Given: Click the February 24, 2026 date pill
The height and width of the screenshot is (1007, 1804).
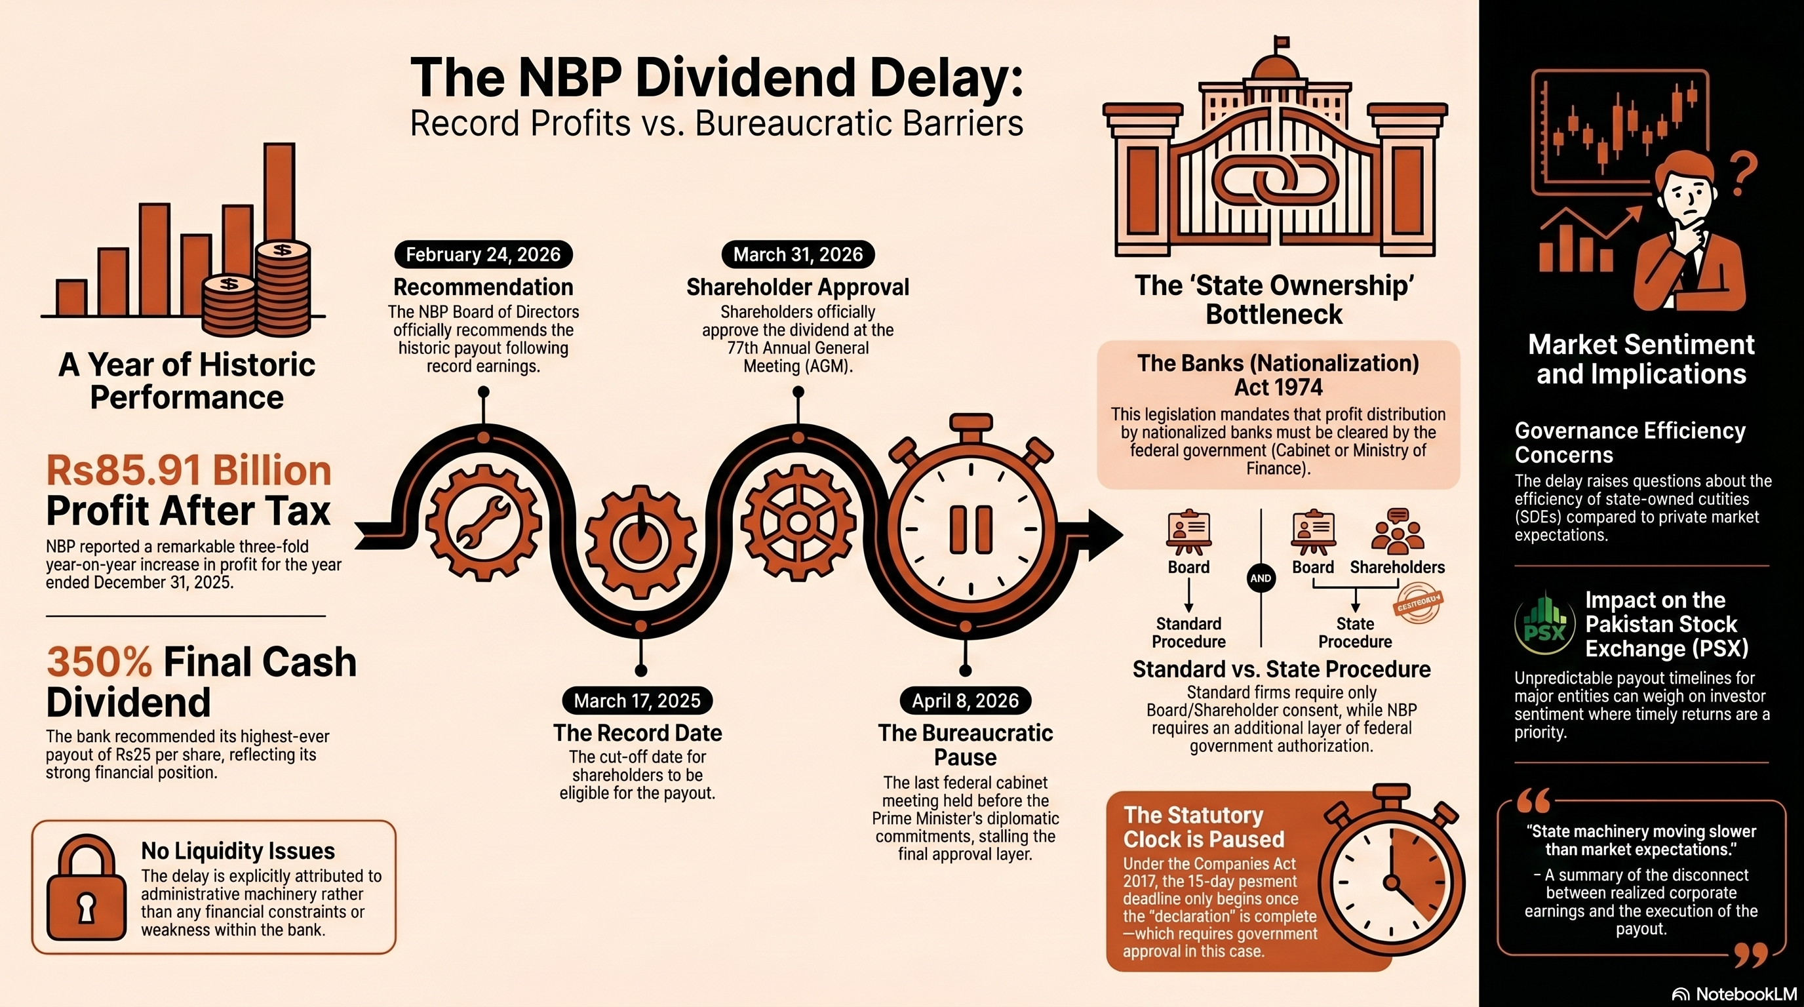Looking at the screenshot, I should pyautogui.click(x=483, y=254).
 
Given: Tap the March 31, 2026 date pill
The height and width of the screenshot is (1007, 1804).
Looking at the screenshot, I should pyautogui.click(x=798, y=254).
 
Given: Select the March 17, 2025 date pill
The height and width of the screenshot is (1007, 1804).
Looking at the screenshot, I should pyautogui.click(x=637, y=700).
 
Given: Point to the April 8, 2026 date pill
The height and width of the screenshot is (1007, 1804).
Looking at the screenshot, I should pyautogui.click(x=965, y=700).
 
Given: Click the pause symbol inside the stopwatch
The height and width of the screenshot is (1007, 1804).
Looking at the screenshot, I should pyautogui.click(x=971, y=528).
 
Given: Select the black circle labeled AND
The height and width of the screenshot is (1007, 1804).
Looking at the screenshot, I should pyautogui.click(x=1261, y=578).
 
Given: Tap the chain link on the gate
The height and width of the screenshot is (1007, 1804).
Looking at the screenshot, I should pyautogui.click(x=1274, y=179).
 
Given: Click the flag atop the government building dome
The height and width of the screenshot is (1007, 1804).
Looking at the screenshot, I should pyautogui.click(x=1281, y=43).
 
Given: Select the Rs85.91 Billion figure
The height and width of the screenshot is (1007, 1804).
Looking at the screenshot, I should pyautogui.click(x=188, y=470).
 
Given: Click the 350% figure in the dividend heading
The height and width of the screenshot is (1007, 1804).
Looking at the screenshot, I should pyautogui.click(x=99, y=662).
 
